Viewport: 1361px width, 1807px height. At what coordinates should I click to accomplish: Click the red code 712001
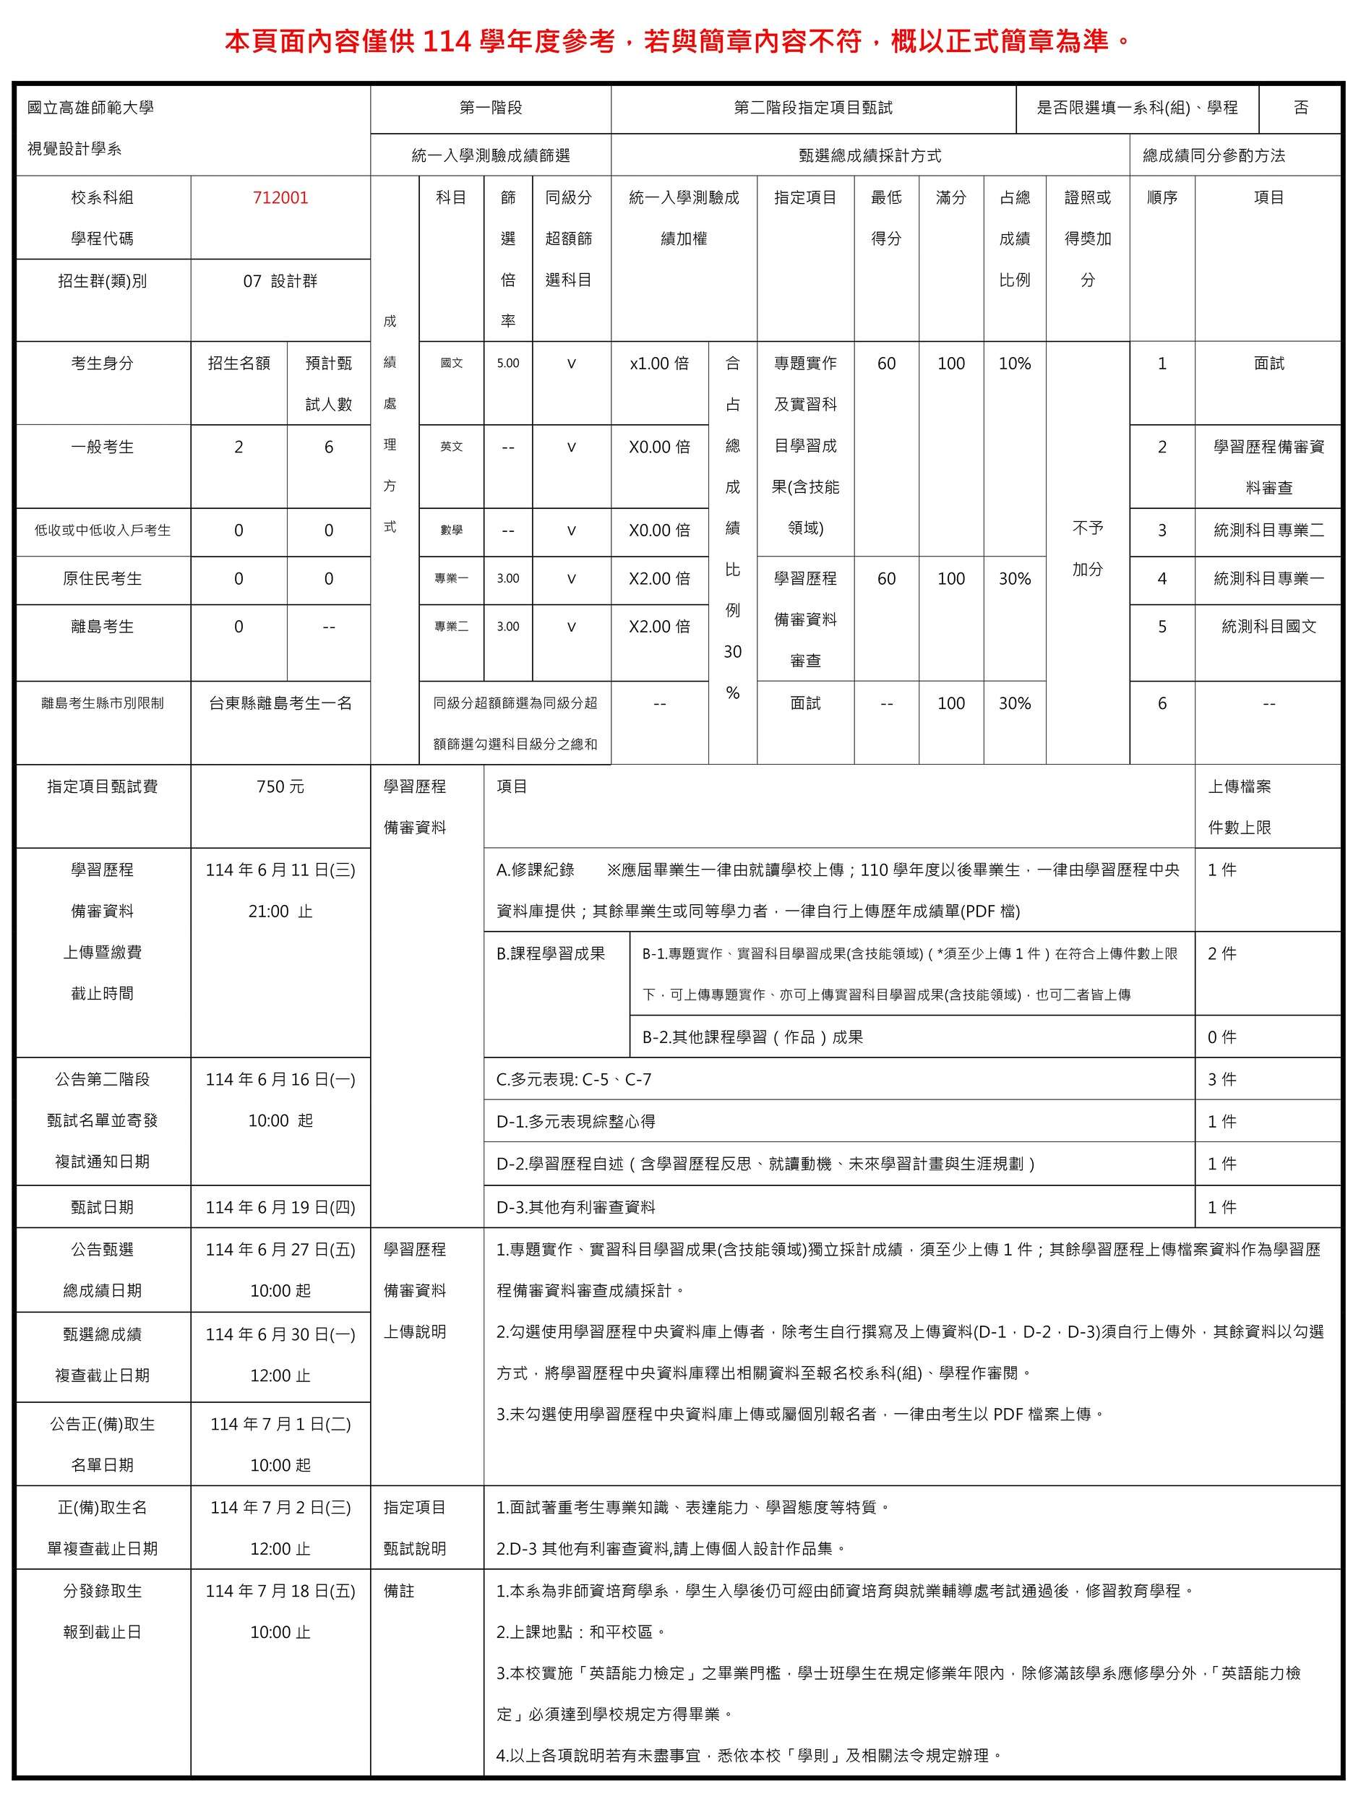(280, 198)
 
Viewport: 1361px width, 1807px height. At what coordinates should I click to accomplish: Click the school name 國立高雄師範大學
(90, 108)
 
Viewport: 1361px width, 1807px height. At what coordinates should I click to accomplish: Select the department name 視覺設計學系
(74, 149)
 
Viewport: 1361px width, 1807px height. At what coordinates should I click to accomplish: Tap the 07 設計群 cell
(280, 281)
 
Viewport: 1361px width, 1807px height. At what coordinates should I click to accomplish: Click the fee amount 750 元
(280, 786)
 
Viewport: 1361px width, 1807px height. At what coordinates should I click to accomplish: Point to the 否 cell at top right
(1300, 108)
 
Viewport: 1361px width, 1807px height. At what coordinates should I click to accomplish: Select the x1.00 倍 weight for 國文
(659, 364)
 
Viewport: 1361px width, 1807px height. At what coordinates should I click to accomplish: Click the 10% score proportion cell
(1015, 364)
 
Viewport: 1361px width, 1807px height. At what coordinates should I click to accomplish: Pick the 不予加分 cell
(1087, 549)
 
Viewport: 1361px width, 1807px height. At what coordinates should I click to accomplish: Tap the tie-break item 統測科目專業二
(1268, 530)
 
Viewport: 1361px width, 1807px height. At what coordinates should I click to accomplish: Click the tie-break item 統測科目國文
(1268, 627)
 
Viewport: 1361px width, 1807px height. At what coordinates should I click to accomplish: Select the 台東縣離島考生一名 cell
(280, 703)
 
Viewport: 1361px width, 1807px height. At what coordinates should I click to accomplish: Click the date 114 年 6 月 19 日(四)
(280, 1207)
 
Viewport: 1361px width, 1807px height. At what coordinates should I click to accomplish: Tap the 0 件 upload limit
(1222, 1037)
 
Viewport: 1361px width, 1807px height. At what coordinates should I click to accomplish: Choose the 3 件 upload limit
(1222, 1080)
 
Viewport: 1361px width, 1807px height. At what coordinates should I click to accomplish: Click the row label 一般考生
(102, 447)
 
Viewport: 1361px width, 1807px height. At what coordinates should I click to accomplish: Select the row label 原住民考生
(102, 579)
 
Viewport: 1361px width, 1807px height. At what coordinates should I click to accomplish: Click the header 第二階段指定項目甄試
(813, 108)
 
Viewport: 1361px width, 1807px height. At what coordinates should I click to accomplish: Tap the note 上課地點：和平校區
(581, 1632)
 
